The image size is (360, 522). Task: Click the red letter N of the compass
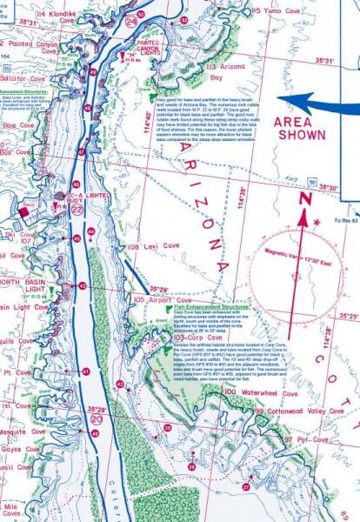[x=305, y=199]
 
